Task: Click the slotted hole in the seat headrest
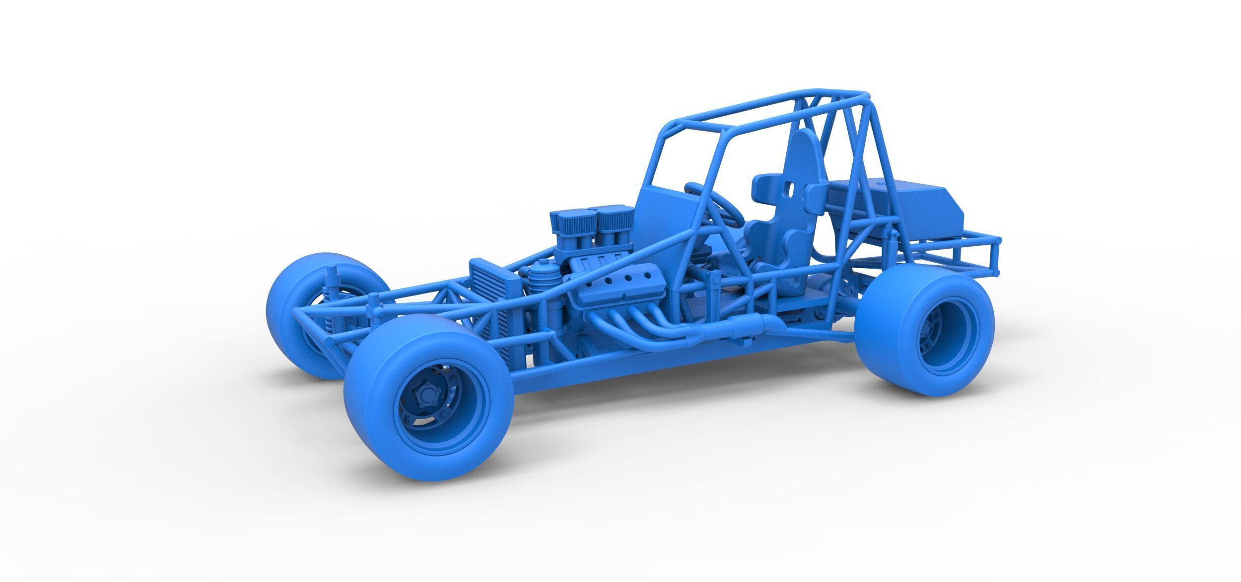[x=789, y=189]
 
